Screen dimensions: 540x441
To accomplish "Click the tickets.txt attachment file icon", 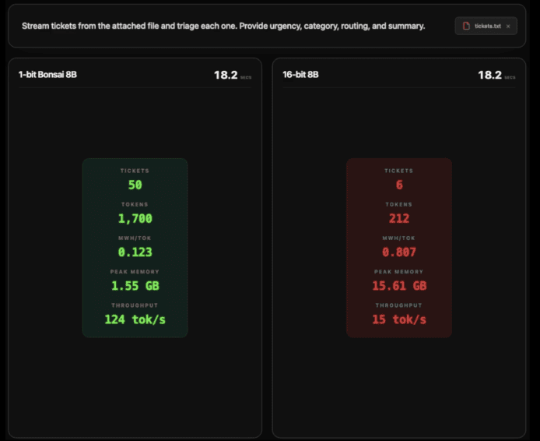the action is [466, 26].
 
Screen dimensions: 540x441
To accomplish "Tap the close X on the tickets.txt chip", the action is [508, 26].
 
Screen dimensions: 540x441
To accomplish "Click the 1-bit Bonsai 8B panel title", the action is [47, 75].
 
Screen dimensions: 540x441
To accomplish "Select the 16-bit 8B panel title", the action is [300, 75].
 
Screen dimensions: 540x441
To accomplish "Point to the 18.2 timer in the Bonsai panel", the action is [226, 75].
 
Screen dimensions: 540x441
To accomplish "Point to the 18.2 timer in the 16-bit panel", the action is [489, 75].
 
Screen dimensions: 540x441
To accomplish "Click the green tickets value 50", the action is [135, 185].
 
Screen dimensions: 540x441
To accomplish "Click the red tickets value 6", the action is [399, 185].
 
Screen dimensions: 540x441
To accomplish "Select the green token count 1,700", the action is [135, 218].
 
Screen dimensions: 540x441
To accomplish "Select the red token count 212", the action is [399, 218].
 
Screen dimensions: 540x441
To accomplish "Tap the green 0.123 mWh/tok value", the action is [135, 252].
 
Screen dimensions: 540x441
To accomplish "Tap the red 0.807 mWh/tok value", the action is [399, 252].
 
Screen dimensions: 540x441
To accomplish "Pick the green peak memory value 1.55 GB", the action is [135, 285].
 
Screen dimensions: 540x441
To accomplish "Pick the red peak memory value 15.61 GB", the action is [399, 285].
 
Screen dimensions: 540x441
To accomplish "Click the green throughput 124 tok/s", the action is [135, 319].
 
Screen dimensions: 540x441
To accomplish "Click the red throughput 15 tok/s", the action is [399, 319].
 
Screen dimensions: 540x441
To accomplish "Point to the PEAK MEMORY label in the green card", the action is [135, 272].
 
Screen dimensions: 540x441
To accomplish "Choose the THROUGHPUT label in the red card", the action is [399, 305].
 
